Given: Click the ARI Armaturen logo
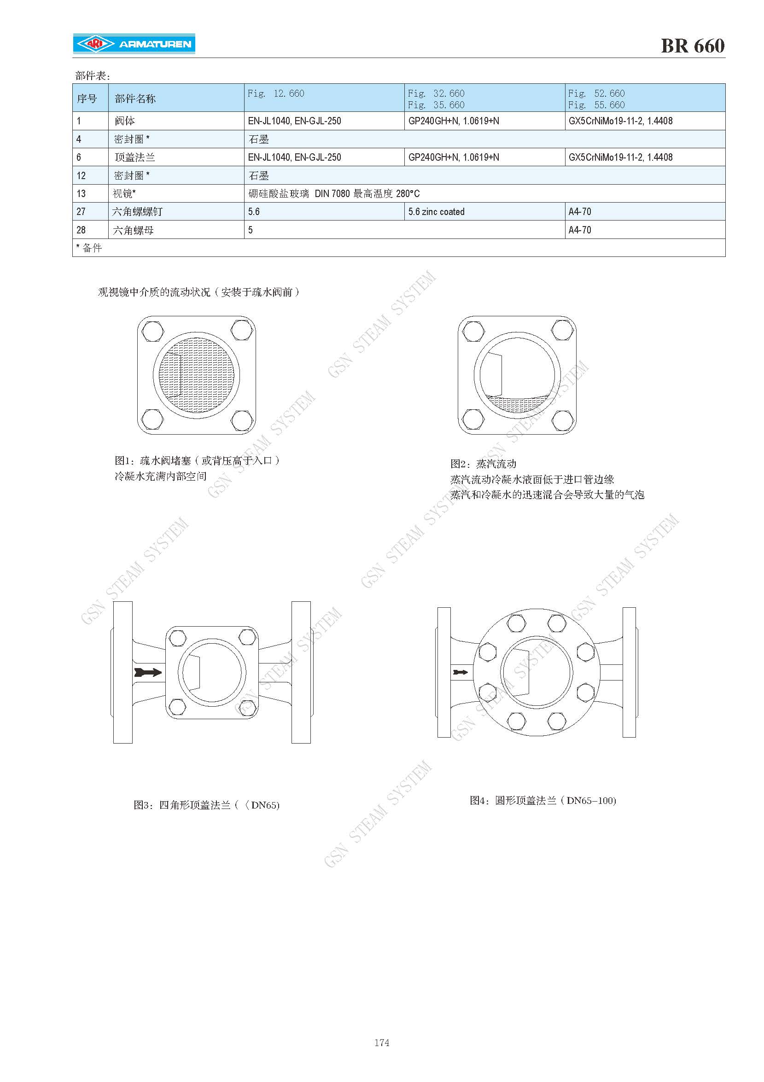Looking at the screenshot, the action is click(134, 44).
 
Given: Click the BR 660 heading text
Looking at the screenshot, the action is click(692, 46).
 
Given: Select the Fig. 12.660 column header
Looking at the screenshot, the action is click(276, 93).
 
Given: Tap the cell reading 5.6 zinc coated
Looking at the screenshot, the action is click(437, 212).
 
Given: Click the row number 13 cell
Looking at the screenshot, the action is click(81, 194).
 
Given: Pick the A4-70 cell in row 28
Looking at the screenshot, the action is click(580, 230).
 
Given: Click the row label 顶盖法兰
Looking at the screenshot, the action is click(135, 157).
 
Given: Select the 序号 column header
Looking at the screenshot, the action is click(87, 99).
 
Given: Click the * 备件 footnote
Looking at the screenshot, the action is click(89, 248).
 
